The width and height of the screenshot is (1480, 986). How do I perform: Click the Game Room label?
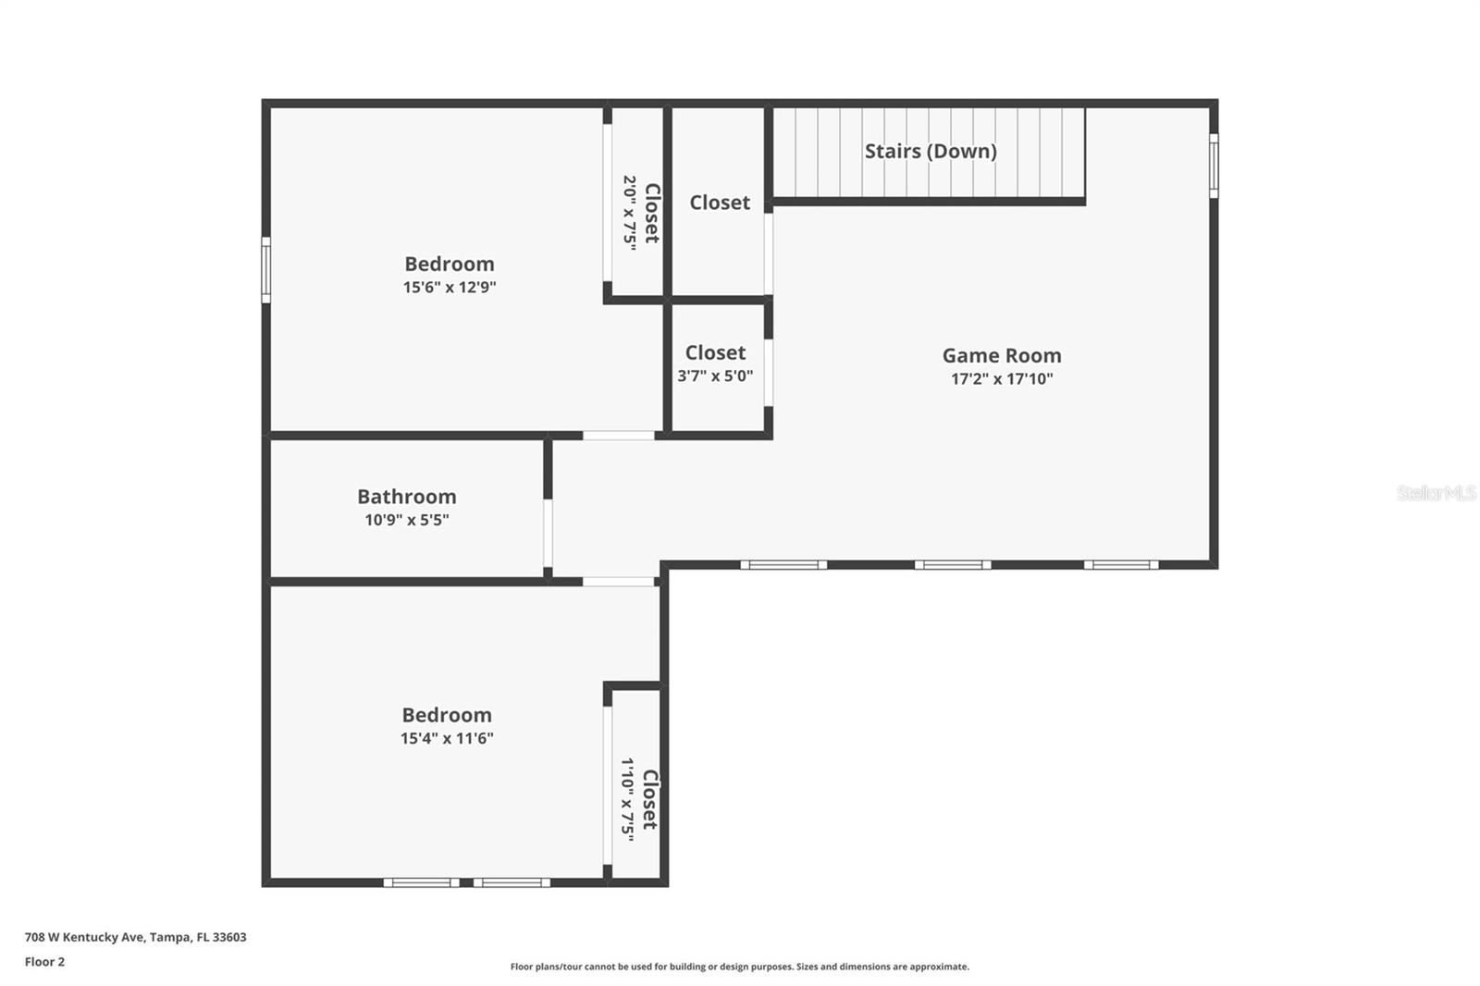pos(1001,355)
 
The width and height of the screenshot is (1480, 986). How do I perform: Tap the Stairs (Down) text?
pos(930,151)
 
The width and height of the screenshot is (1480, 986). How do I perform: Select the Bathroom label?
pos(406,497)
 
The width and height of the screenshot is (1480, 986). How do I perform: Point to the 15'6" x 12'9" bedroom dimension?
pos(450,287)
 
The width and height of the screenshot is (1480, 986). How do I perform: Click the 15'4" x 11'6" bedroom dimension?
pos(447,738)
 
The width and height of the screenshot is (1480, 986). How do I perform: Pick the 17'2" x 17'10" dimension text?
pos(1002,378)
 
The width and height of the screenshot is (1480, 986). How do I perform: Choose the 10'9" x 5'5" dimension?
pos(406,520)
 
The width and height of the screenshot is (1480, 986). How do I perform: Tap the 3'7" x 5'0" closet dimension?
pos(715,376)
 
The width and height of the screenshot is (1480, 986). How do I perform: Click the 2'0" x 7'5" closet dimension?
pos(630,213)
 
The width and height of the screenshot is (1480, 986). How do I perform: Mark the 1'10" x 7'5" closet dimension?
pos(628,799)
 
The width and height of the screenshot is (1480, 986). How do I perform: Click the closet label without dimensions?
pos(720,202)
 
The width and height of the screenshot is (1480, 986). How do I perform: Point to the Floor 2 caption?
pos(44,962)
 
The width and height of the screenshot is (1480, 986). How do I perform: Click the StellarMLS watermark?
pos(1436,493)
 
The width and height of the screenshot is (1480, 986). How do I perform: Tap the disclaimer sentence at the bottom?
pos(739,967)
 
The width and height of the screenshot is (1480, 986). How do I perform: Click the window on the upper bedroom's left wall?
pos(266,269)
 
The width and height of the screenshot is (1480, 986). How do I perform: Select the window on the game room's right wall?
pos(1214,166)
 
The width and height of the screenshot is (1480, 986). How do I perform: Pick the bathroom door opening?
pos(548,533)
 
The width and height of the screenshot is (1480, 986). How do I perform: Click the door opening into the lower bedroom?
pos(619,582)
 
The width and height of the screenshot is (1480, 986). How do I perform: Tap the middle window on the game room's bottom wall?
pos(953,564)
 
